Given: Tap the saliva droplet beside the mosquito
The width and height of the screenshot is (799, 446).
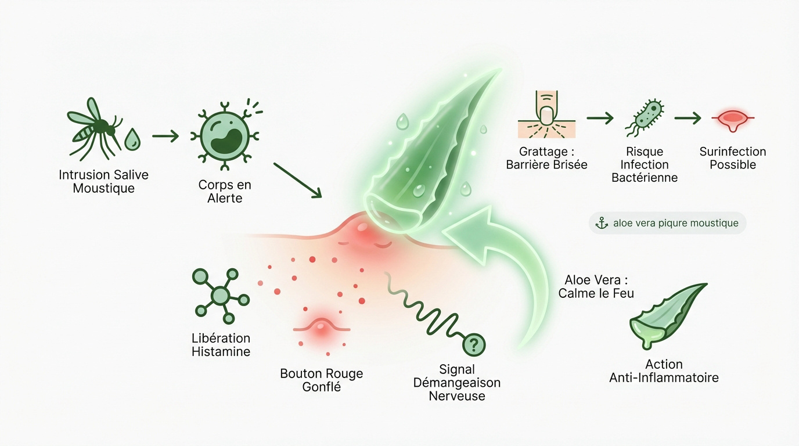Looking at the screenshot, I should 132,139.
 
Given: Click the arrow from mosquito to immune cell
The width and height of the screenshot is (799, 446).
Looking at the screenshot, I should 165,137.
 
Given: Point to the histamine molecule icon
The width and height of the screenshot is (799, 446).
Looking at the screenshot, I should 220,296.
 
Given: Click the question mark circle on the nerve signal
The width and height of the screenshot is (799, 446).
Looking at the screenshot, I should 474,346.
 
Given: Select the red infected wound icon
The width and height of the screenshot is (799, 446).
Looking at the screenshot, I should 732,118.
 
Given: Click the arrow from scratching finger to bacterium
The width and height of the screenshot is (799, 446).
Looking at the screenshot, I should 600,118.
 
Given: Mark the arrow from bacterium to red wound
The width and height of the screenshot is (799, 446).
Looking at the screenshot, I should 689,118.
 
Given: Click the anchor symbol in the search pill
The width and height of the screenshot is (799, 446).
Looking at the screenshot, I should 602,223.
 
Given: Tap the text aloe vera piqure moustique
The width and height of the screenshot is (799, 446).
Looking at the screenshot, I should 675,223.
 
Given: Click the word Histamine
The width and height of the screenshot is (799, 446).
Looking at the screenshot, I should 221,351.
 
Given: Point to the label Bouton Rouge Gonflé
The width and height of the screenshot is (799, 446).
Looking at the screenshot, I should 321,380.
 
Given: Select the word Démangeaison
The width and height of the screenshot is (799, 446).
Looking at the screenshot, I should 456,383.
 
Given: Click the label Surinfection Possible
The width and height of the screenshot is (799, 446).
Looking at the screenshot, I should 732,158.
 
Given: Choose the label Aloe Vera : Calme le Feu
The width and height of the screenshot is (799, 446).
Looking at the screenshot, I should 596,287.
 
